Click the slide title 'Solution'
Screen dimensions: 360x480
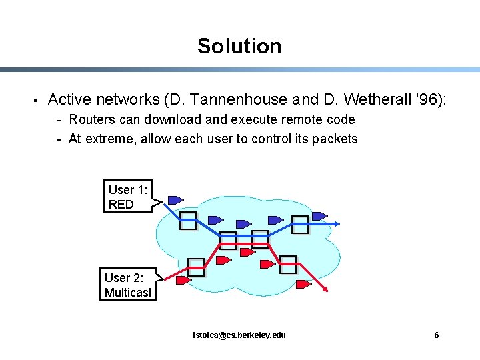239,46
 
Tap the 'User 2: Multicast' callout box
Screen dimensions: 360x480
128,285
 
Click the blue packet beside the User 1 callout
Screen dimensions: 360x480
175,199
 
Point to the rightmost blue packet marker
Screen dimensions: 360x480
320,216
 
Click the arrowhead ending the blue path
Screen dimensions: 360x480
330,225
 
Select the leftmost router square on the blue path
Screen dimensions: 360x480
189,221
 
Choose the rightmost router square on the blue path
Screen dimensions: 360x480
300,225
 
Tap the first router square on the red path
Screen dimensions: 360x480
196,267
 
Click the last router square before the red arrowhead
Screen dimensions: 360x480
288,265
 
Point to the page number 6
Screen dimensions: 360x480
437,335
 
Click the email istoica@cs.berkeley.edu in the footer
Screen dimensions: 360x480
239,335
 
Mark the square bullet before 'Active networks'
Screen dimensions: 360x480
34,101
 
